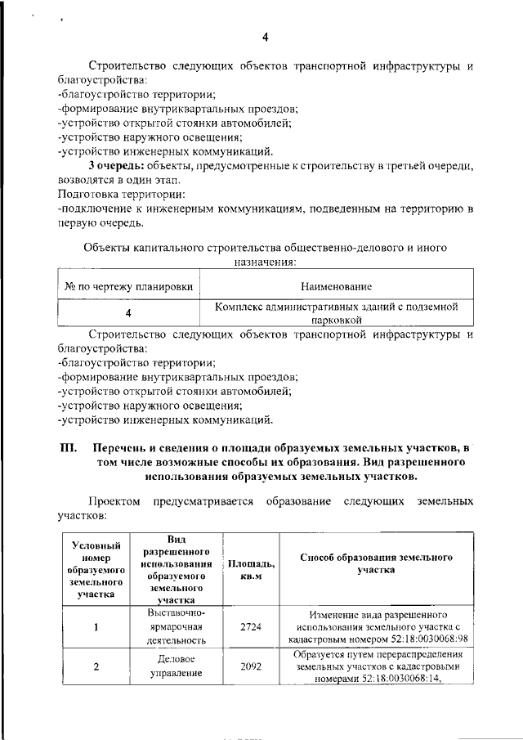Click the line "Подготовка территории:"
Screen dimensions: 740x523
(x=122, y=195)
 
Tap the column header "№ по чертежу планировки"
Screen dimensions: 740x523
(x=129, y=286)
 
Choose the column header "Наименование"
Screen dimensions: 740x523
(x=335, y=286)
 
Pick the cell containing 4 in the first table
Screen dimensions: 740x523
(x=128, y=314)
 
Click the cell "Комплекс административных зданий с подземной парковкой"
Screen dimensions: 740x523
(x=335, y=314)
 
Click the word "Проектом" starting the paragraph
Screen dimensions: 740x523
(x=115, y=500)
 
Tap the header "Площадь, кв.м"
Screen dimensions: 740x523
(x=251, y=569)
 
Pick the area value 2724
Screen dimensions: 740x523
(x=251, y=627)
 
